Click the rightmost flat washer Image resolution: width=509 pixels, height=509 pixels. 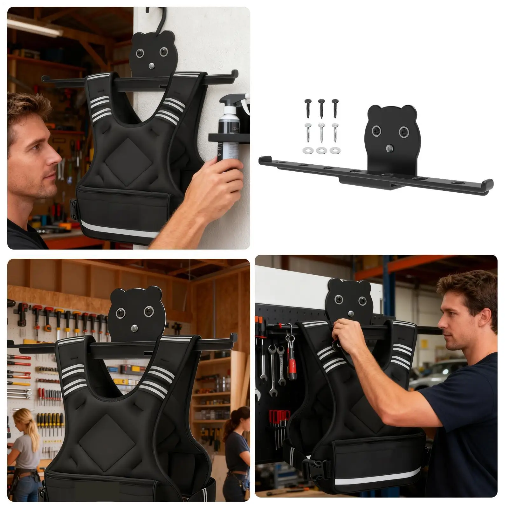[x=334, y=150]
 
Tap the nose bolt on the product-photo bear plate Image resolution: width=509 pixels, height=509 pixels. [x=388, y=148]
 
